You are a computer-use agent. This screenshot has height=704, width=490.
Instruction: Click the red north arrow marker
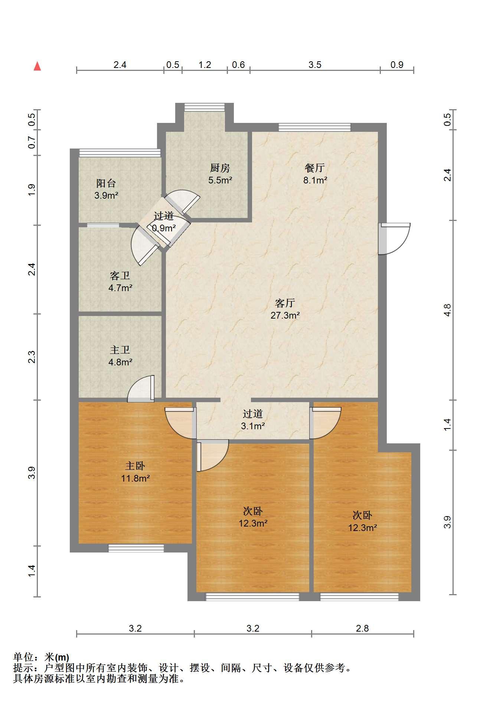point(37,66)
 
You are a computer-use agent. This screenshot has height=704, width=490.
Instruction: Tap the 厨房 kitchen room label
point(220,168)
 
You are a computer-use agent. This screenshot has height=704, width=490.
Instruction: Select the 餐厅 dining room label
point(315,168)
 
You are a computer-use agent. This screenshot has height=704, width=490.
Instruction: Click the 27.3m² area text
point(285,316)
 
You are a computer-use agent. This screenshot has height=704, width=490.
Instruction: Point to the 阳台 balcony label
point(106,183)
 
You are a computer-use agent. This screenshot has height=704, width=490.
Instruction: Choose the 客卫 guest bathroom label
point(120,276)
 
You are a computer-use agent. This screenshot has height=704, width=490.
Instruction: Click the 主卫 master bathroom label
point(120,350)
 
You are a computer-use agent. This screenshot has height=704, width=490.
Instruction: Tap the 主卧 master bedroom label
point(135,466)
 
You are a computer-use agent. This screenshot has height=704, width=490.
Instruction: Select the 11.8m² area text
point(135,479)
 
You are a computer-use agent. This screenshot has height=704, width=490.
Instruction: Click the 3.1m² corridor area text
point(253,426)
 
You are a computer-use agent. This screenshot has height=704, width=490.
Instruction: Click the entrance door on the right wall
point(394,238)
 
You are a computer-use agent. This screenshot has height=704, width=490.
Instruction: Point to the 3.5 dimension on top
point(315,65)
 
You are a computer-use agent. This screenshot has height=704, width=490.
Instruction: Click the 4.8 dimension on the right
point(448,310)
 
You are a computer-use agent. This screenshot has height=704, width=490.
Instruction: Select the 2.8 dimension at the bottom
point(362,628)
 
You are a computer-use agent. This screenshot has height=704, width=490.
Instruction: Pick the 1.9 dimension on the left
point(32,190)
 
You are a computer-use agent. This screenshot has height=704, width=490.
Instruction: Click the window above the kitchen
point(205,107)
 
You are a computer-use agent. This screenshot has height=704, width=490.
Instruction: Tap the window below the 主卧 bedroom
point(136,548)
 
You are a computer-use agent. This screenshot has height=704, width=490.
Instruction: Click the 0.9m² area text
point(164,228)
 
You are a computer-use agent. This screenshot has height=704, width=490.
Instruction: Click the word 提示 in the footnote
point(23,668)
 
